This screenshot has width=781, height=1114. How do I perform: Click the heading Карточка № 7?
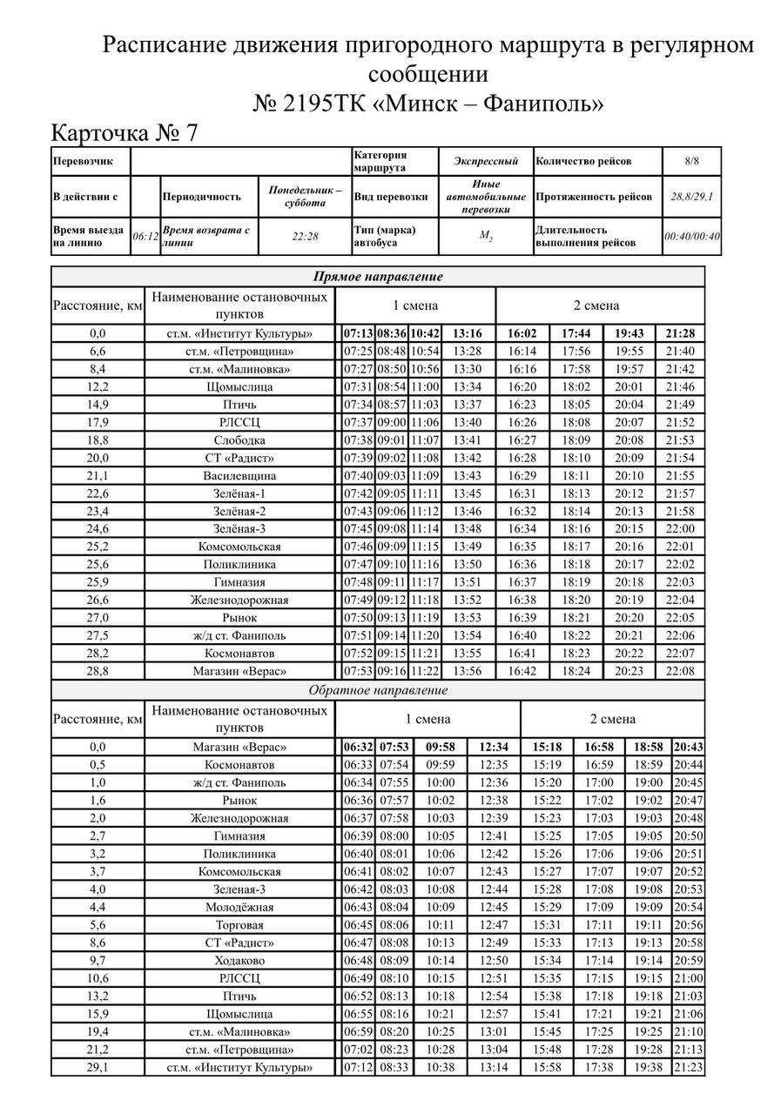click(x=125, y=133)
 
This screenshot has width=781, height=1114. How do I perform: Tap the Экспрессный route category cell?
click(x=486, y=161)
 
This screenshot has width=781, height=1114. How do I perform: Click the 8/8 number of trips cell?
click(x=692, y=161)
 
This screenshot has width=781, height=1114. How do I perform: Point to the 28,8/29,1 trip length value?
click(x=692, y=197)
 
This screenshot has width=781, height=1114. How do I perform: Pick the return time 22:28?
click(x=305, y=236)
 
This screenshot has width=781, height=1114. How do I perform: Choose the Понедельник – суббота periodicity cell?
click(x=305, y=197)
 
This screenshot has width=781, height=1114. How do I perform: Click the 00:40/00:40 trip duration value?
click(x=692, y=236)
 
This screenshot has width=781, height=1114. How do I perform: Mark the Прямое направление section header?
click(x=378, y=277)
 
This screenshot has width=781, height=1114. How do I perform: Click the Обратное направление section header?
click(x=378, y=690)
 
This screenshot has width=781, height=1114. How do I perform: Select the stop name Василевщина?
click(x=239, y=476)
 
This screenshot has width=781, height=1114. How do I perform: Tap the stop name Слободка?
click(x=239, y=440)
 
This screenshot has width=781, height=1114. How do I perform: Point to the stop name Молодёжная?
click(x=239, y=907)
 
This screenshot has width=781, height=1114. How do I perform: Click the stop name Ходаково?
click(x=239, y=961)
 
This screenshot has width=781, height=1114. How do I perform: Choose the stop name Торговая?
click(x=239, y=925)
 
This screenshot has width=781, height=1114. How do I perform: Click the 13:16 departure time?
click(x=468, y=333)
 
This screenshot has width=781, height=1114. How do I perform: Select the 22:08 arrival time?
click(x=680, y=671)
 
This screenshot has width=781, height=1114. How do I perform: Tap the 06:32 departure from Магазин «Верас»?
click(x=358, y=747)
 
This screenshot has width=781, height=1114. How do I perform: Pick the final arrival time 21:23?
click(x=688, y=1067)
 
